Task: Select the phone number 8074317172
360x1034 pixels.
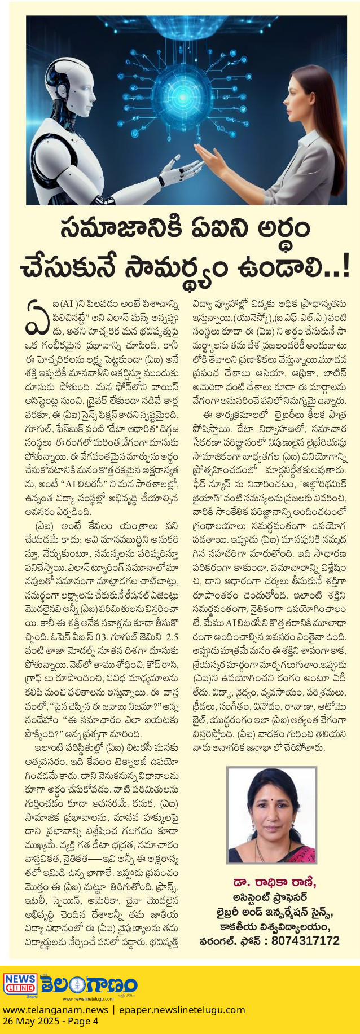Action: click(305, 941)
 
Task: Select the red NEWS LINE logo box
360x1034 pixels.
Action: click(20, 985)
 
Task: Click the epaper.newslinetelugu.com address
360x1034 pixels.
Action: click(182, 1010)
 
